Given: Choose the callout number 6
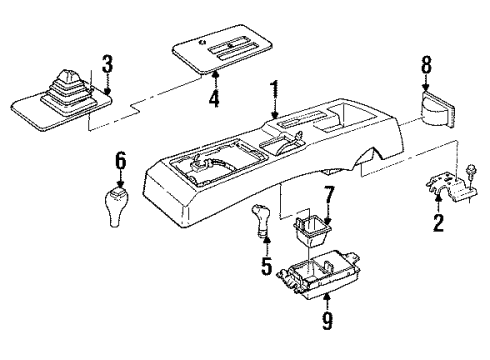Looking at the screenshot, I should point(119,160).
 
